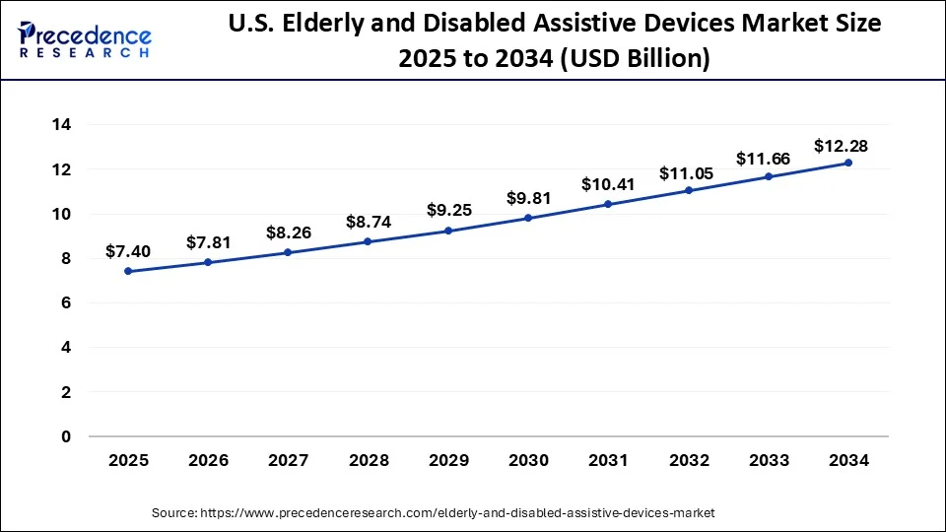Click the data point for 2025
coord(128,271)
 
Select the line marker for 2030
coord(528,218)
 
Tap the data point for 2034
coord(848,163)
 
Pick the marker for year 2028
coord(368,241)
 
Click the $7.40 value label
coord(128,253)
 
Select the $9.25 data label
coord(448,210)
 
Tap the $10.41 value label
coord(608,183)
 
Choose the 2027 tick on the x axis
coord(288,460)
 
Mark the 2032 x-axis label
coord(688,460)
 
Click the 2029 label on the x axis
coord(448,460)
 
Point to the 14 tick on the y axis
coord(61,125)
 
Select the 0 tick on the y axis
coord(66,436)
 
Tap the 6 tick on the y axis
coord(66,303)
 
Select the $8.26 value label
coord(288,233)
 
